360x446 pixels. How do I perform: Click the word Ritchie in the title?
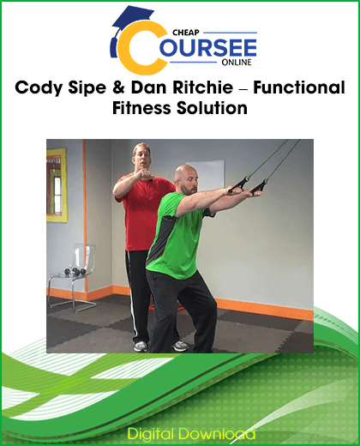tap(190, 89)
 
